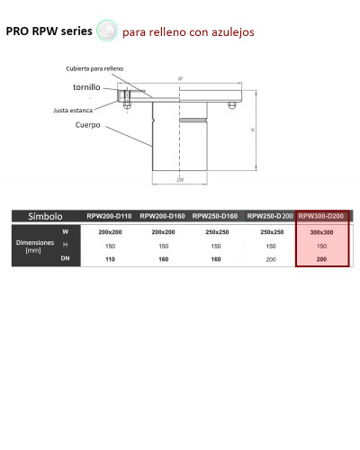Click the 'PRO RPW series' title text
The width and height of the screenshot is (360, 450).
click(x=49, y=31)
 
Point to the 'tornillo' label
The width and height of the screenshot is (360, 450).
click(x=86, y=87)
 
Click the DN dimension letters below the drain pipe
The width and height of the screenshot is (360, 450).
click(x=180, y=180)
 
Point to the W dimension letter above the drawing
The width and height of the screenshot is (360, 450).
click(x=180, y=79)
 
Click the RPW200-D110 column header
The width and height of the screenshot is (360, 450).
click(x=109, y=216)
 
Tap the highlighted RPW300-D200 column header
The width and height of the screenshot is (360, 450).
click(x=322, y=216)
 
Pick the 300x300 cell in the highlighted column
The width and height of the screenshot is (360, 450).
click(x=322, y=232)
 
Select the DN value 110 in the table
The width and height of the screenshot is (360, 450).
click(x=110, y=258)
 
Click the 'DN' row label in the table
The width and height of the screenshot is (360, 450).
click(x=65, y=258)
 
